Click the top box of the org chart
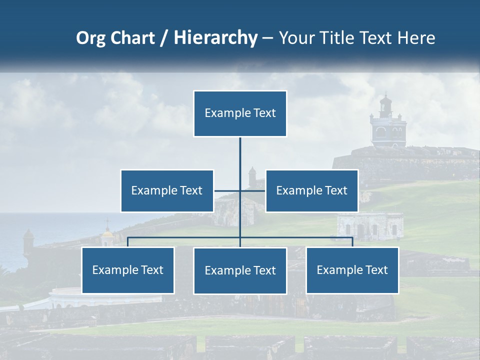tap(240, 113)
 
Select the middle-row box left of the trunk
tap(167, 190)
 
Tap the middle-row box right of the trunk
tap(311, 190)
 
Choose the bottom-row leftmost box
tap(128, 270)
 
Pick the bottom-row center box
tap(240, 270)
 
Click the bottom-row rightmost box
tap(352, 270)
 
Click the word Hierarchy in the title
tap(215, 37)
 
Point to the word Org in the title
tap(90, 38)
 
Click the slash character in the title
tap(164, 38)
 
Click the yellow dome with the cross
tap(107, 234)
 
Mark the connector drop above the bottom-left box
tap(128, 242)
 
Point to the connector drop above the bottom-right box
tap(352, 242)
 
